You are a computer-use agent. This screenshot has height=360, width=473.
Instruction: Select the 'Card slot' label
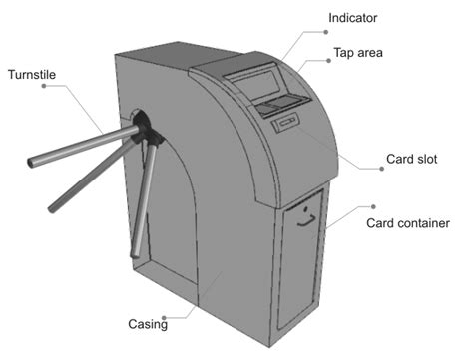pyautogui.click(x=411, y=160)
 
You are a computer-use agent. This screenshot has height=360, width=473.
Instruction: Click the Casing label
pyautogui.click(x=148, y=324)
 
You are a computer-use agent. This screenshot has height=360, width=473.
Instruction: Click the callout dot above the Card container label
pyautogui.click(x=374, y=205)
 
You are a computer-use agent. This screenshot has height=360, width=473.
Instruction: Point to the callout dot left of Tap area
pyautogui.click(x=327, y=60)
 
